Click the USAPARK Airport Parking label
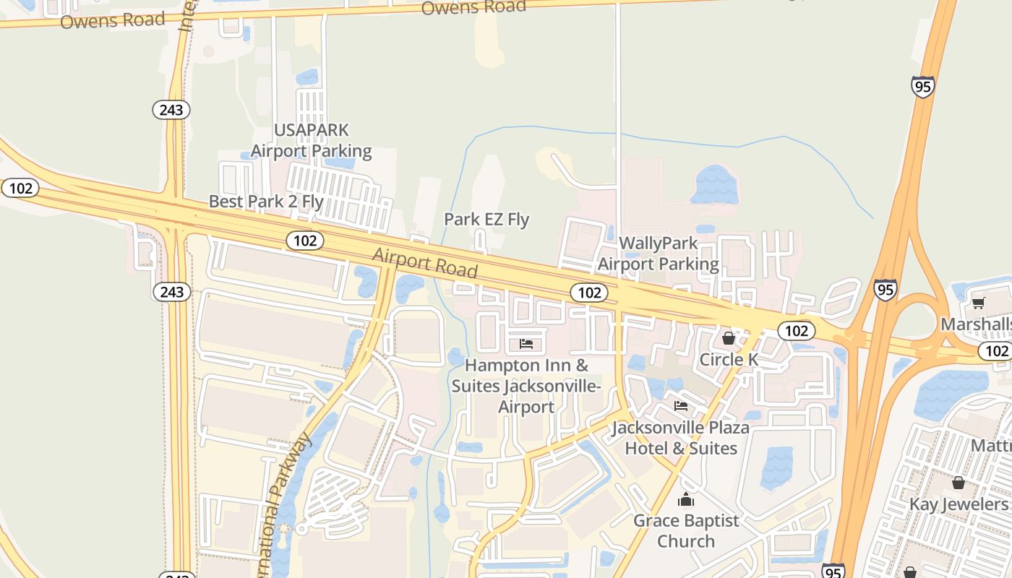pyautogui.click(x=311, y=141)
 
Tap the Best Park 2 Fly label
pyautogui.click(x=265, y=202)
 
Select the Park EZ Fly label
pyautogui.click(x=486, y=220)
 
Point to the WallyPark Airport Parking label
pyautogui.click(x=658, y=254)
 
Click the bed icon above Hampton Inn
pyautogui.click(x=526, y=344)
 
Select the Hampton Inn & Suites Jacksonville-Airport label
pyautogui.click(x=526, y=387)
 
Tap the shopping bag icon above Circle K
pyautogui.click(x=729, y=338)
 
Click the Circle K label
pyautogui.click(x=729, y=360)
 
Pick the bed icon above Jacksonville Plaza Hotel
pyautogui.click(x=681, y=406)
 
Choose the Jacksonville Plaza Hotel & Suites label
pyautogui.click(x=681, y=438)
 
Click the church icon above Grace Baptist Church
pyautogui.click(x=686, y=499)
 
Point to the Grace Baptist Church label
pyautogui.click(x=686, y=531)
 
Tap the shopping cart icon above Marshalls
pyautogui.click(x=979, y=303)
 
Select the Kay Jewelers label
pyautogui.click(x=959, y=504)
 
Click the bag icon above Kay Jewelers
pyautogui.click(x=959, y=483)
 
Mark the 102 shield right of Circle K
pyautogui.click(x=797, y=331)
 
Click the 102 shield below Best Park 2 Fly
pyautogui.click(x=305, y=241)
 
